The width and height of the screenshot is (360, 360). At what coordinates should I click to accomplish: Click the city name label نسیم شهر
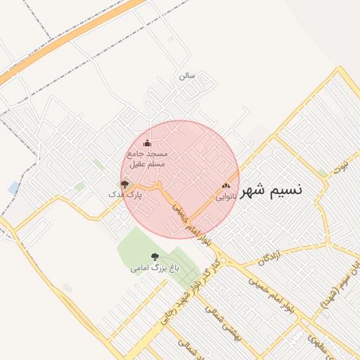pos(273,191)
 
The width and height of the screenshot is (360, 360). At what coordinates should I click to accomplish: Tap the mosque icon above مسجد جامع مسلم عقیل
pos(147,143)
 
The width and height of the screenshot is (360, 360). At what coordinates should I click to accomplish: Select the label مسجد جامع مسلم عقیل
pos(146,158)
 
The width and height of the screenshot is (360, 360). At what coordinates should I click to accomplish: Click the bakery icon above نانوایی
pos(226,186)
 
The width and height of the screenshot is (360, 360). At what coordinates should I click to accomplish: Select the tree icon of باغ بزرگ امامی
pos(155,257)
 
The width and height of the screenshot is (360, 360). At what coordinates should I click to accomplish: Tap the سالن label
pos(186,75)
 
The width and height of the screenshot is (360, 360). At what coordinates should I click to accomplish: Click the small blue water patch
pos(14,188)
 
